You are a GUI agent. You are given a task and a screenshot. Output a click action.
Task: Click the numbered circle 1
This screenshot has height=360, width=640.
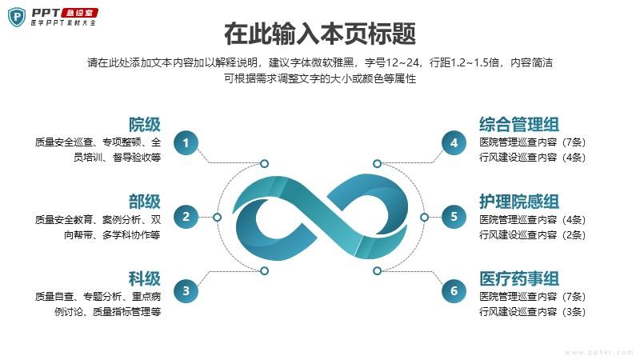pos(186,143)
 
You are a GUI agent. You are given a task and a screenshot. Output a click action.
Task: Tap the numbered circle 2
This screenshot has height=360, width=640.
pos(186,217)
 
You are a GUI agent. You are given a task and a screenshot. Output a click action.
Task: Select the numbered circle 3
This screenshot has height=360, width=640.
pos(186,290)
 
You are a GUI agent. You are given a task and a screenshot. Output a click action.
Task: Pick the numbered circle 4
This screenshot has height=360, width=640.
pos(454,143)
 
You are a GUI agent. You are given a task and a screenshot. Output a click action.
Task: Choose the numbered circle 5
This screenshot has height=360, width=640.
pos(454,217)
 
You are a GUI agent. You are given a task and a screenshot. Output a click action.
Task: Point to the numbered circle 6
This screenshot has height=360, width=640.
pos(454,290)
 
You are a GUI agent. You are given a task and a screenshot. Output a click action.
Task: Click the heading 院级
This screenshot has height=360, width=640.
pos(145,125)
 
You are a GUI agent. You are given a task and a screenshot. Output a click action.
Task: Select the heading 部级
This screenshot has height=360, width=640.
pos(145,202)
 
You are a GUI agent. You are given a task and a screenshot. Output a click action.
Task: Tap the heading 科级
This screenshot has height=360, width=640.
pos(145,278)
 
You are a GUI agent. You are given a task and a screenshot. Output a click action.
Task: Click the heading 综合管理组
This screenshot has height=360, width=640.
pos(519,125)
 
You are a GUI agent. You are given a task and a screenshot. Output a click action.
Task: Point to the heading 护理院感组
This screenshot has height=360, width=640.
pos(519,202)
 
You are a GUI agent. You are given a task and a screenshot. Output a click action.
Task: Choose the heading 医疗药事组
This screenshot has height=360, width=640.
pos(519,278)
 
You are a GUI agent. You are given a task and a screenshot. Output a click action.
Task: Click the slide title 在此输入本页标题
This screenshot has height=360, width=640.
pos(320,34)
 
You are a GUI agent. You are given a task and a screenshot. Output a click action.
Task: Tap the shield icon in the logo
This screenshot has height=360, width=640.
pos(17,17)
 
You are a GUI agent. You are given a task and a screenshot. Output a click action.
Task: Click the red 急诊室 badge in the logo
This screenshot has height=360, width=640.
pos(79,13)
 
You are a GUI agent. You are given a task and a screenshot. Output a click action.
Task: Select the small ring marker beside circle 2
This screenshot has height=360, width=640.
pos(217,217)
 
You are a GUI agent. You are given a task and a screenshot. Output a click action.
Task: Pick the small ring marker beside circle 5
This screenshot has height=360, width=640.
pos(425,217)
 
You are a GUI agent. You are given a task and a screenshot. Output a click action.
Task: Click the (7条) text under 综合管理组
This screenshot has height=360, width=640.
pos(574,142)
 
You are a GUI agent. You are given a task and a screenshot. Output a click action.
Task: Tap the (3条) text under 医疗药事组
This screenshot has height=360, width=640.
pos(574,312)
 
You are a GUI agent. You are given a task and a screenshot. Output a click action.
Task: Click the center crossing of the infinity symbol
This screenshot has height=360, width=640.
pos(322,217)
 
